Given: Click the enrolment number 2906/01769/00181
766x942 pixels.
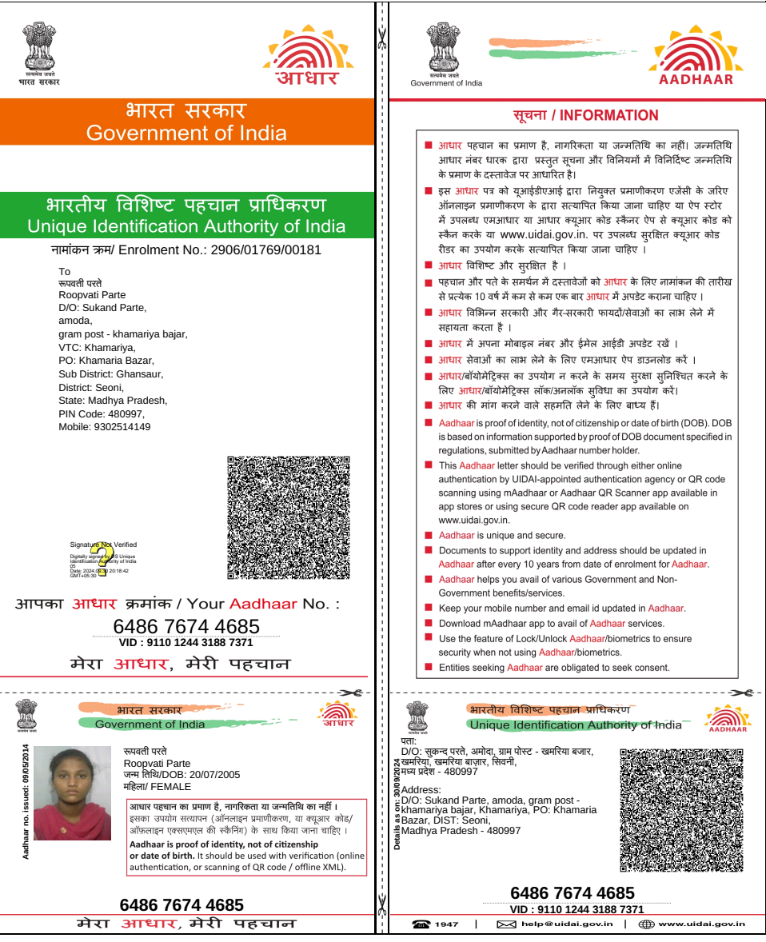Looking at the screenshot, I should pos(265,250).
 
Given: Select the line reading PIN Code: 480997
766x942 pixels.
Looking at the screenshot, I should pos(102,414).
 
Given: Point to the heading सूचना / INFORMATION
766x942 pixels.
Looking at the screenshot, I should pos(585,116).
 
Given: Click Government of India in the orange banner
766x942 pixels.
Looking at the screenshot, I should pos(186,133).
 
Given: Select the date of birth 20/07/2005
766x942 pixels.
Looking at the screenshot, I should pos(212,775).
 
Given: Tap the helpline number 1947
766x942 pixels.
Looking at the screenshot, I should pos(447,924).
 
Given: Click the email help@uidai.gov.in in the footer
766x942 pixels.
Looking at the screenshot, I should pos(567,924).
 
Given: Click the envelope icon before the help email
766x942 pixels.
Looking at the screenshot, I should pos(506,924).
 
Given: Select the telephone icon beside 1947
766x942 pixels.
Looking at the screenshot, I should pos(421,924).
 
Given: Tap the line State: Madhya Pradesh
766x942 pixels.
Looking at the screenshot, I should pos(113,401).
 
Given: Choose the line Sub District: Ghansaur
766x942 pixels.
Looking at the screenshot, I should pos(110,374).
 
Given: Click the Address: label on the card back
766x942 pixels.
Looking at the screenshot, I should pos(421,790).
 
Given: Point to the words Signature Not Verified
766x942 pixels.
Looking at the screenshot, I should pos(103,545).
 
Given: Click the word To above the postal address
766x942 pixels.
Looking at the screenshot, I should pos(65,272).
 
